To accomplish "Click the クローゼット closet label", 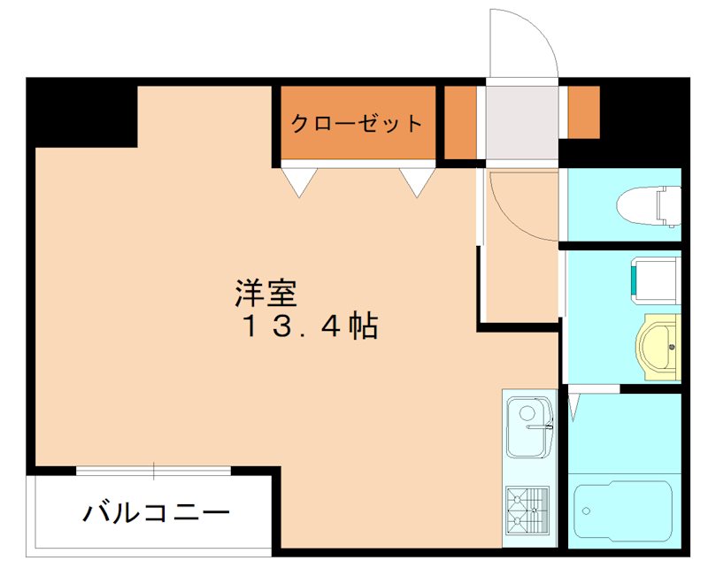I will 358,123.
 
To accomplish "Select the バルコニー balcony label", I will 158,511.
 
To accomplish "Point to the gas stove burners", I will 527,510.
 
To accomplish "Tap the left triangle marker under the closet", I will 299,181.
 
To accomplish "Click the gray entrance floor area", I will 522,124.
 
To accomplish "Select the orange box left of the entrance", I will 459,121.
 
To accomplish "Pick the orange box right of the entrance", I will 583,112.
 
